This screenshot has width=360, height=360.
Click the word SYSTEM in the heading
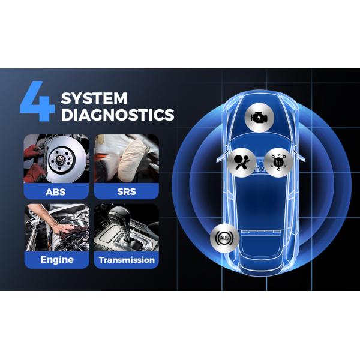tap(94, 97)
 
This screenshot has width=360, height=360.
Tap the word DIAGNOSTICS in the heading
tap(118, 114)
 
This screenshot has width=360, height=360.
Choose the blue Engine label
tap(56, 260)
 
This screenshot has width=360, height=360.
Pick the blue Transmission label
tap(126, 260)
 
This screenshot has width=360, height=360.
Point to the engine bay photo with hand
tap(56, 227)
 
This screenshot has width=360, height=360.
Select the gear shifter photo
tap(126, 227)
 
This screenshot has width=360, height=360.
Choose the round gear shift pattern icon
tap(279, 162)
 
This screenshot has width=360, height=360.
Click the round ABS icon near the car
tap(224, 240)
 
